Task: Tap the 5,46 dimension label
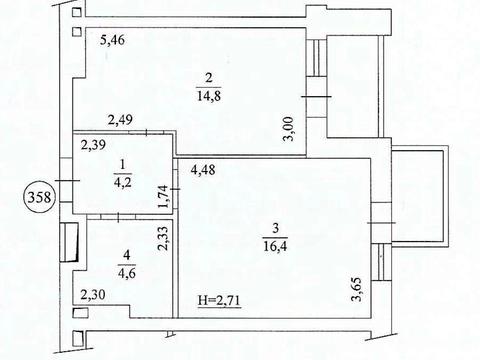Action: click(x=118, y=42)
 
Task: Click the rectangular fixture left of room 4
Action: click(x=69, y=243)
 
